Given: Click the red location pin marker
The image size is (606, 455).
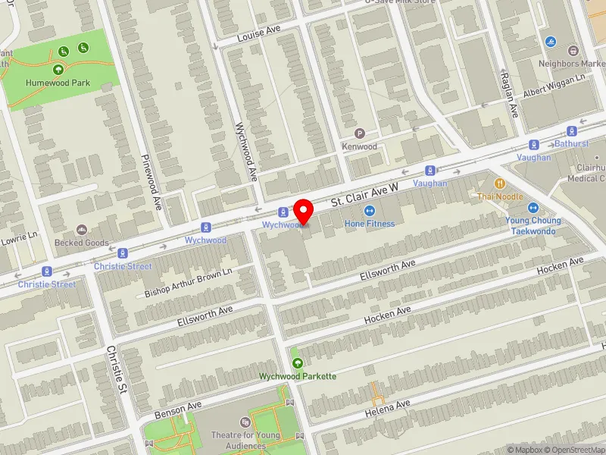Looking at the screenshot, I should (304, 210).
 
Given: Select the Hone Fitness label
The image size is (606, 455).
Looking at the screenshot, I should (370, 224).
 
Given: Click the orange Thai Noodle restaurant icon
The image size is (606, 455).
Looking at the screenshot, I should (500, 184).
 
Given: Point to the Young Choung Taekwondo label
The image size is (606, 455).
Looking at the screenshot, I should (533, 225).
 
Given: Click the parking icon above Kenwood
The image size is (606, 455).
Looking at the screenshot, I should (360, 133).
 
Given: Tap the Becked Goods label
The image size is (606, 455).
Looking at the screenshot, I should (82, 243).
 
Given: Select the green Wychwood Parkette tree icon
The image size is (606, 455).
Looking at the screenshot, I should (297, 364).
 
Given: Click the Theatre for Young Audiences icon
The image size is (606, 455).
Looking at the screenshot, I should (245, 422).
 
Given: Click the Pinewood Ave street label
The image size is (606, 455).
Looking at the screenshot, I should (152, 182).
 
